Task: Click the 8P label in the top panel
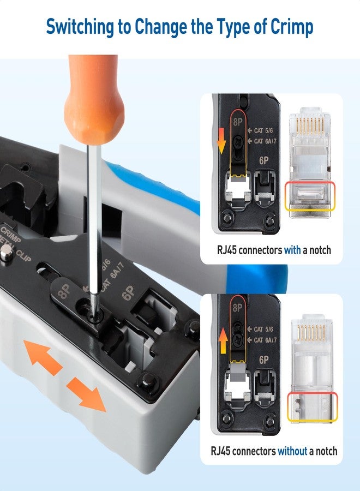[238, 123]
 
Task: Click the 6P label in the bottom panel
[264, 360]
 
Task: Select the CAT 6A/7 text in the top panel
[266, 141]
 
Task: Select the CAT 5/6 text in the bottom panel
[266, 329]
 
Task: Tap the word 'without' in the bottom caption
[292, 451]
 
